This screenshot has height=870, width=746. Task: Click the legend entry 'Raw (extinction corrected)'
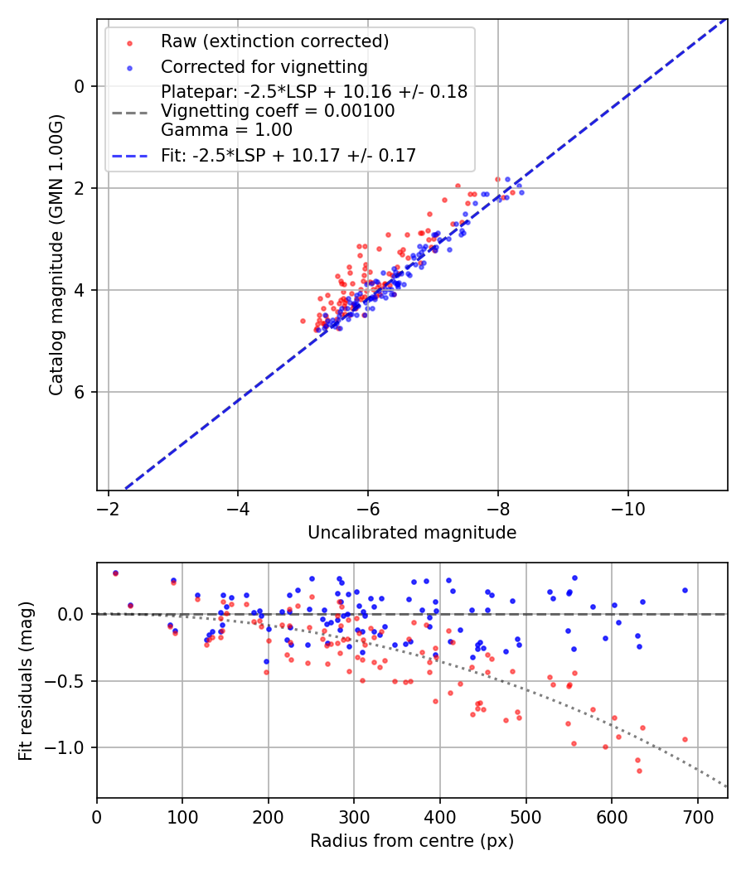click(x=274, y=41)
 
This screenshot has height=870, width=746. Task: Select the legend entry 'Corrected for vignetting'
click(x=264, y=66)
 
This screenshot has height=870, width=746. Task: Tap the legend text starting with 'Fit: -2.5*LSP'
click(x=288, y=155)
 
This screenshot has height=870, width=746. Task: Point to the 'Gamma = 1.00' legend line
click(x=226, y=129)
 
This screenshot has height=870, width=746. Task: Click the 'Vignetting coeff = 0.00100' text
click(x=278, y=111)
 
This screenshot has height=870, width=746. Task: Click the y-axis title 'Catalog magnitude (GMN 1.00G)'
click(x=56, y=254)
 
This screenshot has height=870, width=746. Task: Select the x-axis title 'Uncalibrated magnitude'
click(x=412, y=533)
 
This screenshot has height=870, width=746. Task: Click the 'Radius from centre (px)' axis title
click(x=412, y=841)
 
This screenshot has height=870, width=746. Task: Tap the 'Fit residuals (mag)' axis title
click(x=26, y=680)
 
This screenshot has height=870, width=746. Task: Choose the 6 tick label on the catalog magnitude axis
click(x=80, y=392)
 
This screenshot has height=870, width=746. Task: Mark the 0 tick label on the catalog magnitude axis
click(x=80, y=86)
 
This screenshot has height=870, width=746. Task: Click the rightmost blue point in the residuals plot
click(x=685, y=590)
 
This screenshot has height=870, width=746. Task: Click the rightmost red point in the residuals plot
click(x=685, y=739)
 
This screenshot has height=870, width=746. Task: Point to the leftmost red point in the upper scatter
click(x=303, y=321)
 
